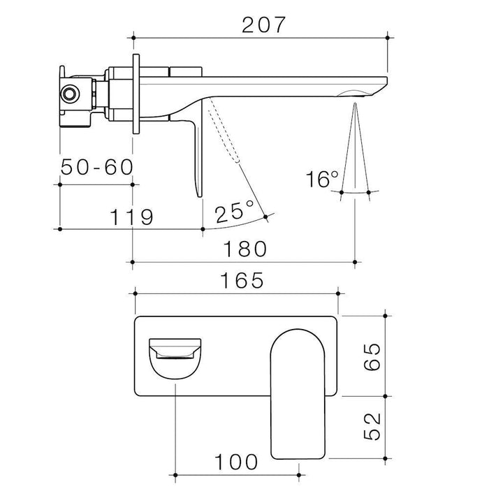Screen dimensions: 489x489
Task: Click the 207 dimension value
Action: pyautogui.click(x=263, y=25)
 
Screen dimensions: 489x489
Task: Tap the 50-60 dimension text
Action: pyautogui.click(x=97, y=167)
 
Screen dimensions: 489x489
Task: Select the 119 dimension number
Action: pyautogui.click(x=131, y=217)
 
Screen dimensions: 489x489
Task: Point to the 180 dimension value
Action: pyautogui.click(x=245, y=249)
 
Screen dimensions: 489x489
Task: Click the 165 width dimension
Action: pyautogui.click(x=242, y=280)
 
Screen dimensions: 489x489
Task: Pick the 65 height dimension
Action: pyautogui.click(x=372, y=356)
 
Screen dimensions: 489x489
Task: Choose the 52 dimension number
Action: pyautogui.click(x=372, y=426)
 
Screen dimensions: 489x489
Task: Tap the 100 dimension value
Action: pyautogui.click(x=236, y=462)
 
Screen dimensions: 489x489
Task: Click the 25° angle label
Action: pyautogui.click(x=234, y=212)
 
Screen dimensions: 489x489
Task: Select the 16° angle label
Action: pyautogui.click(x=322, y=179)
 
